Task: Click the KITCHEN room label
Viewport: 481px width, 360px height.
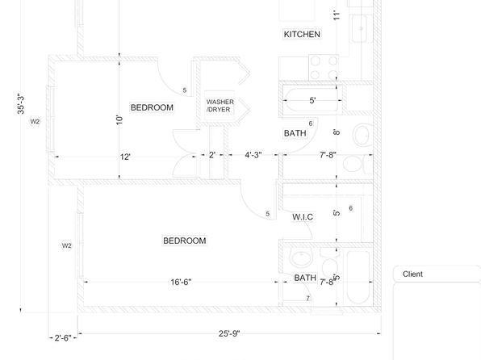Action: coord(302,34)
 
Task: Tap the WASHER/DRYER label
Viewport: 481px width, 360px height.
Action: coord(220,106)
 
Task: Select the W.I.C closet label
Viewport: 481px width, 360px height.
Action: coord(303,217)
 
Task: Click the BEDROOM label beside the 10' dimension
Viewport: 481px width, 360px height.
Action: coord(152,107)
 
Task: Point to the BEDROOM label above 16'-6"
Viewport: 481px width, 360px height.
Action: coord(184,241)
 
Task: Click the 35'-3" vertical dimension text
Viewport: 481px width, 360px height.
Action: coord(21,104)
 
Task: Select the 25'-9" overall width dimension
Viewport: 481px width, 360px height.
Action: coord(229,333)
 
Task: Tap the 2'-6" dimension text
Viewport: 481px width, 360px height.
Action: coord(63,338)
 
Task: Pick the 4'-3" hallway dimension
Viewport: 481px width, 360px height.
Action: coord(253,155)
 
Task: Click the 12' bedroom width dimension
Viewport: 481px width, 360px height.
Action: coord(125,157)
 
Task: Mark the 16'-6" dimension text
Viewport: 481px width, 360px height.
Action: coord(181,282)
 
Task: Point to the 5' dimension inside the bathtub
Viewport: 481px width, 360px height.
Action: coord(312,100)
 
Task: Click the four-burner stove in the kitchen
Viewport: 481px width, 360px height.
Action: coord(324,68)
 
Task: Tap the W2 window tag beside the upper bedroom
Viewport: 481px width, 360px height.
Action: coord(35,121)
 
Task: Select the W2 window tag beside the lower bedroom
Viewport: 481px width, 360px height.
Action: coord(66,245)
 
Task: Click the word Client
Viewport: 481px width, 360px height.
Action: coord(412,274)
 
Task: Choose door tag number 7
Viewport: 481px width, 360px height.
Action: coord(308,298)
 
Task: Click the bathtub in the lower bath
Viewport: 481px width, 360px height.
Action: coord(358,278)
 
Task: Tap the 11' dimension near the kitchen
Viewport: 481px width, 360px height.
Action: coord(337,15)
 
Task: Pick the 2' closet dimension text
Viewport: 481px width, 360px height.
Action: coord(212,155)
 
